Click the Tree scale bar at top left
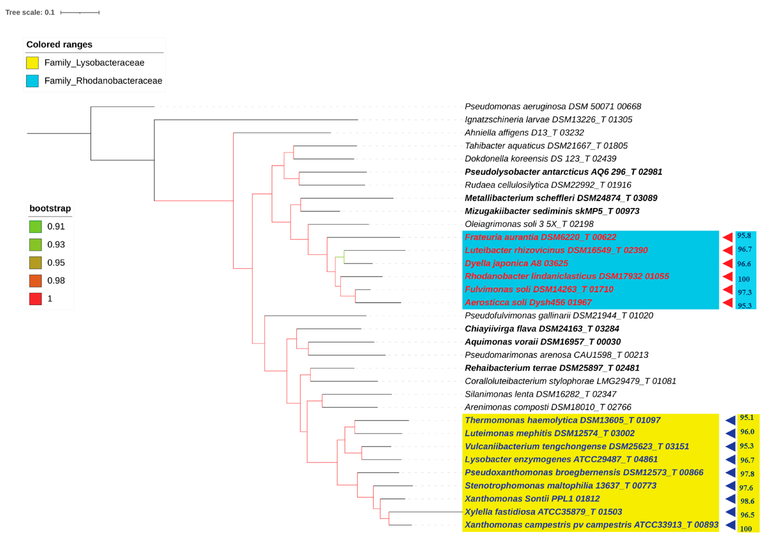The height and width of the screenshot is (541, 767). click(80, 13)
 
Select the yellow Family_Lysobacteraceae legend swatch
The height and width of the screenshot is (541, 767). click(32, 63)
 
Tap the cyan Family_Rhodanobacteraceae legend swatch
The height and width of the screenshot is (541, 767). click(32, 81)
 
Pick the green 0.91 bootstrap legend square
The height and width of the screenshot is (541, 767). click(35, 227)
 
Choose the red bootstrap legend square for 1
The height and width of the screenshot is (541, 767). click(35, 299)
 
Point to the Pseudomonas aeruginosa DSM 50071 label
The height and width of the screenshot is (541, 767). click(553, 107)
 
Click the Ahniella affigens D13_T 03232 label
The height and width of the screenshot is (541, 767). click(524, 133)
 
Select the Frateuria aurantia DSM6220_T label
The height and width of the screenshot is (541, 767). click(540, 237)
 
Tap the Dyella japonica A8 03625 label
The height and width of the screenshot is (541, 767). click(516, 263)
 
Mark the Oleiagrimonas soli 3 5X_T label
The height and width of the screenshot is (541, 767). click(529, 224)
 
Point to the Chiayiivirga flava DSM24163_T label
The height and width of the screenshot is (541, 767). click(541, 329)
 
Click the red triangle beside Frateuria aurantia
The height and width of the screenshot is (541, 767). click(728, 237)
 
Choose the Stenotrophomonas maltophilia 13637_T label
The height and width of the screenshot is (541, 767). click(560, 486)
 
